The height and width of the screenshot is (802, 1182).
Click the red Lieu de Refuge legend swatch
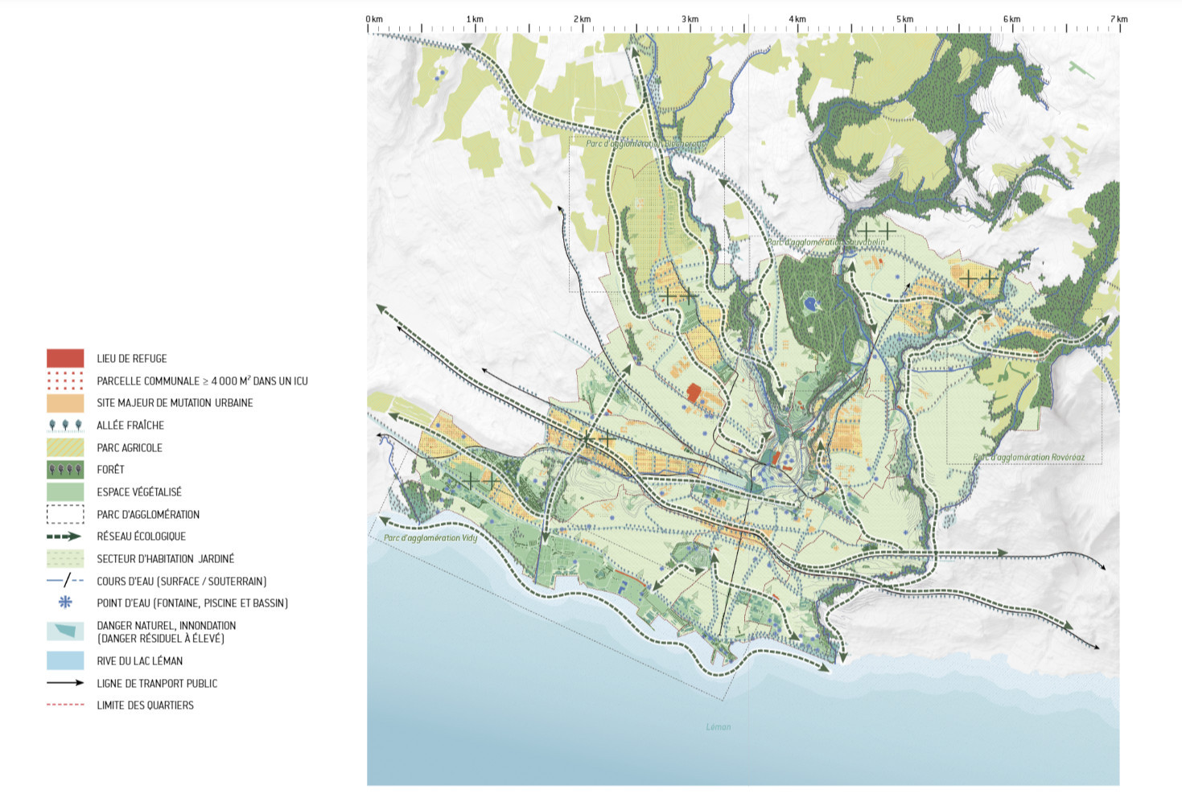pyautogui.click(x=65, y=358)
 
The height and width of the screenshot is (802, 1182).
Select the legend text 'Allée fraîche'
pyautogui.click(x=130, y=426)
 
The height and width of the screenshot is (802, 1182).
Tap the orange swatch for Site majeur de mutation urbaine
pyautogui.click(x=65, y=403)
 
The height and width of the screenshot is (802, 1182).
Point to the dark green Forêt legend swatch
pyautogui.click(x=65, y=470)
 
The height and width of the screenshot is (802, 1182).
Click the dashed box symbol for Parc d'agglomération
pyautogui.click(x=65, y=514)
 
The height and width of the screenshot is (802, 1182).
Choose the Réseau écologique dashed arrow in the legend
pyautogui.click(x=65, y=537)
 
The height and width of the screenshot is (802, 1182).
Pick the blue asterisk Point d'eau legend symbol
pyautogui.click(x=65, y=603)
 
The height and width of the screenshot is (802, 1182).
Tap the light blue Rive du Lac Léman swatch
pyautogui.click(x=65, y=660)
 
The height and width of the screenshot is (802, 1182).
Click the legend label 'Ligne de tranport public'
pyautogui.click(x=157, y=684)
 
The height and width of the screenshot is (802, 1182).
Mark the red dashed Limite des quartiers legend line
pyautogui.click(x=65, y=705)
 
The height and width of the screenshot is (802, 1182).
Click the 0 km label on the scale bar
pyautogui.click(x=374, y=19)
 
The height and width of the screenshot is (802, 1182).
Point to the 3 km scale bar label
pyautogui.click(x=690, y=19)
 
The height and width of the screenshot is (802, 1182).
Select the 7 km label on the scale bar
pyautogui.click(x=1118, y=19)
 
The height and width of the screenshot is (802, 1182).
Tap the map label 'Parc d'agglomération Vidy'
pyautogui.click(x=430, y=537)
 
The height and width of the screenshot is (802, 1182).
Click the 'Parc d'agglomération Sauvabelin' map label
pyautogui.click(x=826, y=241)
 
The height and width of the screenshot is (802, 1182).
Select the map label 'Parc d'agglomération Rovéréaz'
pyautogui.click(x=1028, y=458)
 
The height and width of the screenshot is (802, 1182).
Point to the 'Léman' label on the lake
pyautogui.click(x=719, y=726)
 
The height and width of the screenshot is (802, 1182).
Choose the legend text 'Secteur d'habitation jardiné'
pyautogui.click(x=165, y=559)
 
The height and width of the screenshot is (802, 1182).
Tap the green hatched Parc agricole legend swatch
pyautogui.click(x=65, y=447)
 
